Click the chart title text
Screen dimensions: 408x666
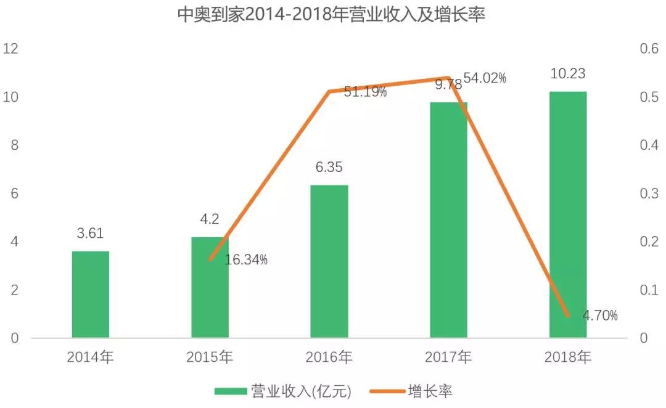click(x=331, y=15)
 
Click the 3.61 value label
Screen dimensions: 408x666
click(x=91, y=234)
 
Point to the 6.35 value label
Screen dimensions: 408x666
click(x=329, y=168)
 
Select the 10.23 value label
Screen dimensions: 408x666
click(x=567, y=74)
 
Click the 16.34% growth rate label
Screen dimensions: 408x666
click(x=246, y=260)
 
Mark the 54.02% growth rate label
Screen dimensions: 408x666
click(x=485, y=78)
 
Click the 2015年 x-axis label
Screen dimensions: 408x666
click(x=210, y=357)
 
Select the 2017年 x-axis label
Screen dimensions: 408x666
click(x=448, y=357)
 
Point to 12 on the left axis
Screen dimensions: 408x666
click(x=12, y=49)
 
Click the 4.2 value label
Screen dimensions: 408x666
click(x=210, y=219)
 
